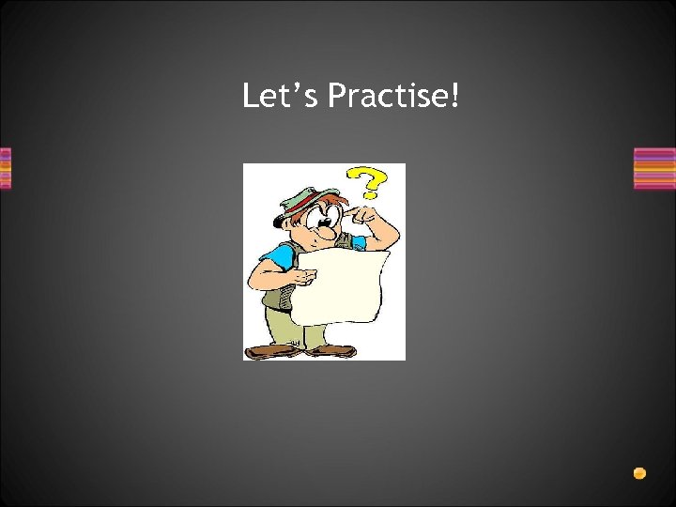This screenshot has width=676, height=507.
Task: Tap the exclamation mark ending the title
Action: [455, 95]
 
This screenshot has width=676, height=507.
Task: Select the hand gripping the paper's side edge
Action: [302, 277]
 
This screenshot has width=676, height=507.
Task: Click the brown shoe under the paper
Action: [332, 349]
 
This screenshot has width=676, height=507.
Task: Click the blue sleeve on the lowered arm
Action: [280, 255]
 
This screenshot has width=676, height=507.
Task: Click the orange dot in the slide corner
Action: [639, 472]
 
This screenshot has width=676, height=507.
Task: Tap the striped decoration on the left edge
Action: [5, 168]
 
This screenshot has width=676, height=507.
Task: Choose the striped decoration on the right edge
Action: [654, 168]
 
